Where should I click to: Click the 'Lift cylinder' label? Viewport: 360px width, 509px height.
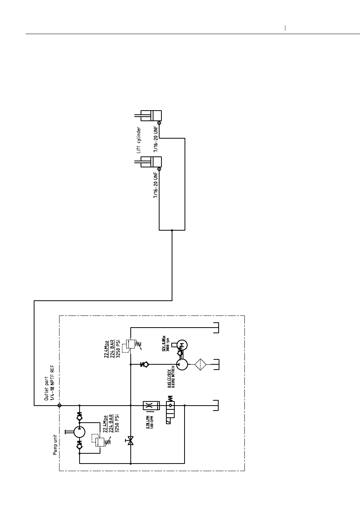click(x=139, y=140)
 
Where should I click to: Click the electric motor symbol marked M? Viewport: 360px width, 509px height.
click(x=182, y=345)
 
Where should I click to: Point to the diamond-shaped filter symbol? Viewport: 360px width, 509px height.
click(x=200, y=365)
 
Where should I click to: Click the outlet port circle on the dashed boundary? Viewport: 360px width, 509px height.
click(x=59, y=405)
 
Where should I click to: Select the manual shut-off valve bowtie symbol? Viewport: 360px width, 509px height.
click(x=131, y=441)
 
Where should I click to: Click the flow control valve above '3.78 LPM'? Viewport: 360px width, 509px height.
click(x=148, y=405)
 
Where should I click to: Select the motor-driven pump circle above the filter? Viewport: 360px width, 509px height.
click(x=182, y=365)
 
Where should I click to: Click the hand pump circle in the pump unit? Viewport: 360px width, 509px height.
click(x=79, y=432)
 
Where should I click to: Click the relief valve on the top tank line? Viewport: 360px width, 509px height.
click(x=130, y=344)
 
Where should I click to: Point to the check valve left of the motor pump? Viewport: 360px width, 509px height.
click(x=144, y=365)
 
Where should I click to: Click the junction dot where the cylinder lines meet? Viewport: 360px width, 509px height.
click(x=172, y=230)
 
